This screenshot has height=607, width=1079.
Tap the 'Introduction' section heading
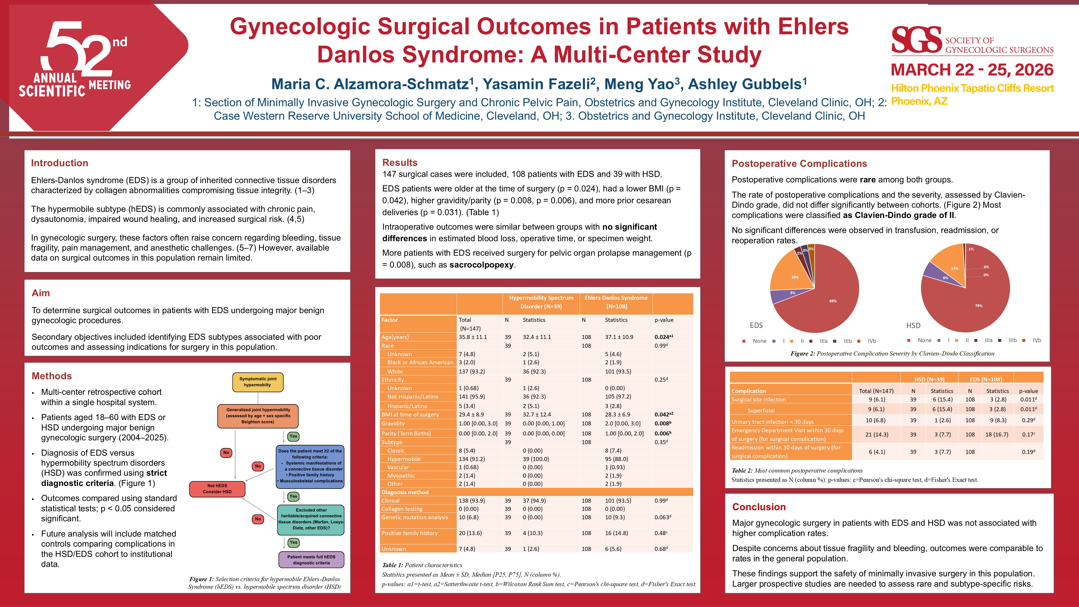pos(60,163)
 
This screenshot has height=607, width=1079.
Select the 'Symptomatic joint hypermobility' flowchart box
pos(257,382)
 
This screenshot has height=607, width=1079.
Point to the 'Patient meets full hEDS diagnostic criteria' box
pos(311,560)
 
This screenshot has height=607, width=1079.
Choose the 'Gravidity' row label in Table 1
pos(393,424)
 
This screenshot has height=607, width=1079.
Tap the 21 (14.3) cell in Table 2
pos(877,434)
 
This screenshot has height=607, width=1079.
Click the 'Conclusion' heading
pos(759,507)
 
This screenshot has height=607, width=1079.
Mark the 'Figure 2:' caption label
pos(802,353)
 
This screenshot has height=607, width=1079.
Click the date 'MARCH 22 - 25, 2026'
pos(972,70)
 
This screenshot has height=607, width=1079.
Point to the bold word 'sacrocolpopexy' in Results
pos(481,265)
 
